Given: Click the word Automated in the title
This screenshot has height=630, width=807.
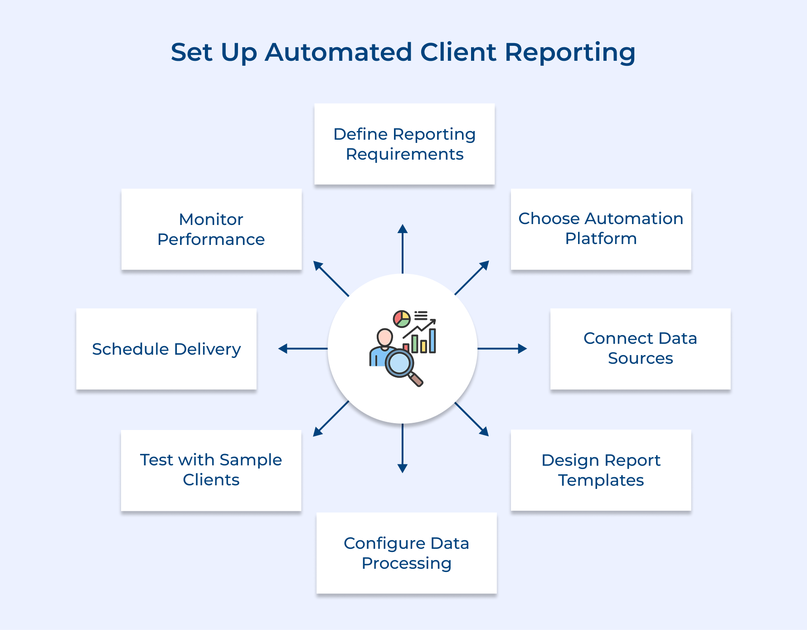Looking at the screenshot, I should point(338,52).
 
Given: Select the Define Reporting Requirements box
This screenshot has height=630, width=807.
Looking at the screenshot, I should point(404,144).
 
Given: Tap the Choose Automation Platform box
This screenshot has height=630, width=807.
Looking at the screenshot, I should point(601,229).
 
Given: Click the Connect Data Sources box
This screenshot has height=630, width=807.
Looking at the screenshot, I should point(640,349).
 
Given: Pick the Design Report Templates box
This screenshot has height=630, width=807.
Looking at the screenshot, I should point(601,470).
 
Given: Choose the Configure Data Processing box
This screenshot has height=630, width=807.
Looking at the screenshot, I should point(406,553).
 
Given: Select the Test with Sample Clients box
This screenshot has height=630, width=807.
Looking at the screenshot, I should point(211,470).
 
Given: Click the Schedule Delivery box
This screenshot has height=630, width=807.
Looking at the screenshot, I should point(166,349).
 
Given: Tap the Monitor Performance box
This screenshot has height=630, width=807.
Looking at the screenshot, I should point(211,229).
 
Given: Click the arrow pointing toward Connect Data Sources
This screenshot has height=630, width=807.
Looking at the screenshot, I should point(501,348).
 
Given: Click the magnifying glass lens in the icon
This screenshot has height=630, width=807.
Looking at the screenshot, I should point(399,363).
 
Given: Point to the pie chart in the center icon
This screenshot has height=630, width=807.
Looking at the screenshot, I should point(402,319).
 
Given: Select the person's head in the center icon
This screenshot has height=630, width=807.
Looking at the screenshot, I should point(385,337).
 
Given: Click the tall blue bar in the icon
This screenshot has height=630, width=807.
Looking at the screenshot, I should point(433,341).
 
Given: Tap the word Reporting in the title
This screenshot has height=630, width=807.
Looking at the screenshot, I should point(570,52).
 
